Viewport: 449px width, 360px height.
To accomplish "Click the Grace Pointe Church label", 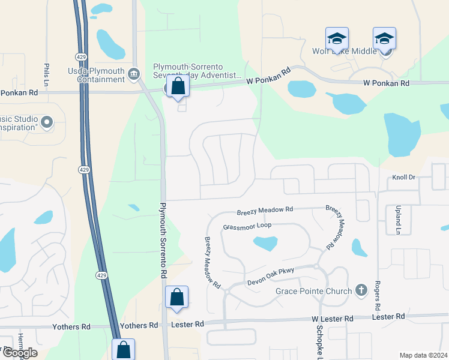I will (313, 292).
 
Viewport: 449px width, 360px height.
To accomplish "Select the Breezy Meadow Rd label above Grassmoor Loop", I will (264, 211).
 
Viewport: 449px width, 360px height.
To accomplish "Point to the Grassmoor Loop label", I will (247, 226).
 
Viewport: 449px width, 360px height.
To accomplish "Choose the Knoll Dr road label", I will (404, 178).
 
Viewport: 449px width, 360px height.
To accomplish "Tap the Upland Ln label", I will (397, 220).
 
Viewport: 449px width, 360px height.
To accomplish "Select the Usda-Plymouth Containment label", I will (96, 76).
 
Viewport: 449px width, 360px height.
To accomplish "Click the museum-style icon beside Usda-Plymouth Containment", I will (133, 74).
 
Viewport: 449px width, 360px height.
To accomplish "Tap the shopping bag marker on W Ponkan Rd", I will (178, 86).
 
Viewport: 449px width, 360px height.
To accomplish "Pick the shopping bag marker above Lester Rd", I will (177, 297).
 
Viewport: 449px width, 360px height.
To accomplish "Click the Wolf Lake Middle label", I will (344, 52).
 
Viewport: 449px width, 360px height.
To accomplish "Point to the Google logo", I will (19, 353).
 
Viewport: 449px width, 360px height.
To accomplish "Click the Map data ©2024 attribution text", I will (423, 355).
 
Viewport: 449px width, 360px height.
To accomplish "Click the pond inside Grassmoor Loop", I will (265, 243).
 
